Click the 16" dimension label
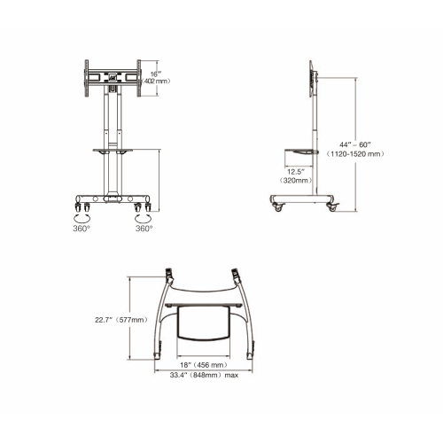pyautogui.click(x=155, y=73)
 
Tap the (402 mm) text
pyautogui.click(x=157, y=81)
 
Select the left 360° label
pyautogui.click(x=81, y=227)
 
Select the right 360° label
pyautogui.click(x=144, y=227)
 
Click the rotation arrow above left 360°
pyautogui.click(x=81, y=215)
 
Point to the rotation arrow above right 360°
pyautogui.click(x=142, y=215)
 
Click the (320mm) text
pyautogui.click(x=296, y=181)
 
